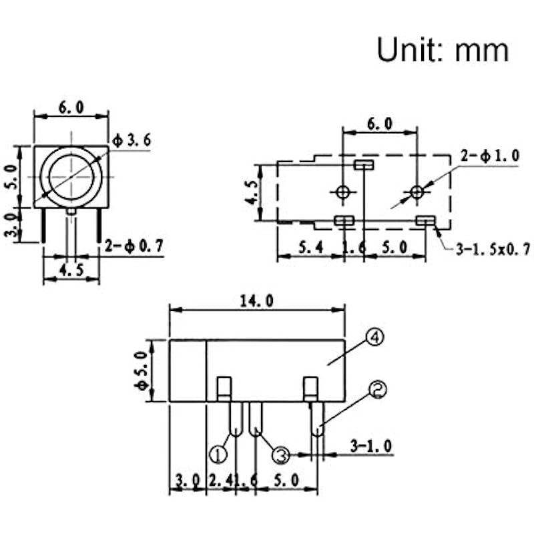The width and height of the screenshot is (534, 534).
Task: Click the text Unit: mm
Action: tap(442, 49)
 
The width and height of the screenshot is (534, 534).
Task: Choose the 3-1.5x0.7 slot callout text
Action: tap(493, 250)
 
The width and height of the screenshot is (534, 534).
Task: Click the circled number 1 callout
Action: tap(218, 455)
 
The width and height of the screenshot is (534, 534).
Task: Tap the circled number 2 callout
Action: tap(378, 389)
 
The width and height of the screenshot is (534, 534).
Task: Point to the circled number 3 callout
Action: tap(281, 455)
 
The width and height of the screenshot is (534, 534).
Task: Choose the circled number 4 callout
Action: tap(376, 338)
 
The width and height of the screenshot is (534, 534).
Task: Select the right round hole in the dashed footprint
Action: tap(417, 193)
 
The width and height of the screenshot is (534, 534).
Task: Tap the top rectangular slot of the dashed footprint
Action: tap(364, 165)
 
